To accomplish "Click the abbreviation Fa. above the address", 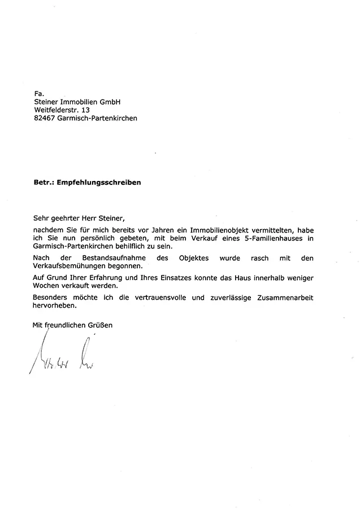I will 38,93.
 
